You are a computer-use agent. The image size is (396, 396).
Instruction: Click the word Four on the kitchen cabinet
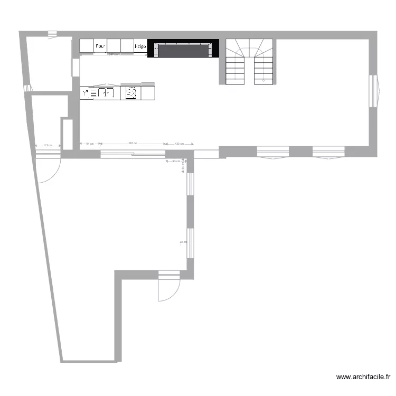100,46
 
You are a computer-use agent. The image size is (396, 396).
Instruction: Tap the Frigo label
140,46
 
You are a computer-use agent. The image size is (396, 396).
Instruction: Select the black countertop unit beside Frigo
183,50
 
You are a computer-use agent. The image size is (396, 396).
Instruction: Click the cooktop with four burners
131,93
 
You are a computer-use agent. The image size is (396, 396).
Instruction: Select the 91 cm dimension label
90,143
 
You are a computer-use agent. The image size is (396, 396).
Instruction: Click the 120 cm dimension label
179,143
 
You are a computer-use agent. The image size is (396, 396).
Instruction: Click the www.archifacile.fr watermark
363,377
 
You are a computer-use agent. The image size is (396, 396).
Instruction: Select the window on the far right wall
374,91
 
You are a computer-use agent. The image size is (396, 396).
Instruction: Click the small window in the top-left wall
52,34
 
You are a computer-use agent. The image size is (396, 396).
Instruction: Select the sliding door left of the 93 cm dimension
133,154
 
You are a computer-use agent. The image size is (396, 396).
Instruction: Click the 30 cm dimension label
183,242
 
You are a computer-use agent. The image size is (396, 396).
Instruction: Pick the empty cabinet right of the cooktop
147,93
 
